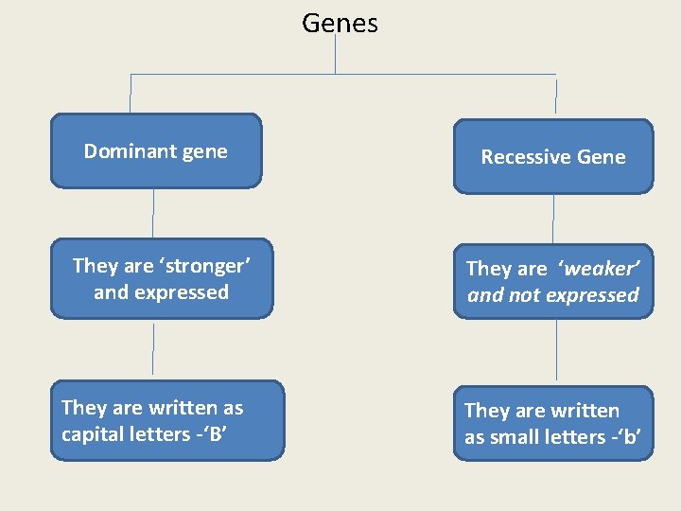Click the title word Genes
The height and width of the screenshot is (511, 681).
point(340,23)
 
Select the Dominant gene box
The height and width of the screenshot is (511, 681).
point(156,151)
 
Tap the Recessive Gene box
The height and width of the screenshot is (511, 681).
point(553,156)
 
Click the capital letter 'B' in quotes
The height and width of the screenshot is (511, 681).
point(221,434)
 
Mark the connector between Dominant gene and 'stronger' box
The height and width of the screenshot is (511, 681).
point(153,213)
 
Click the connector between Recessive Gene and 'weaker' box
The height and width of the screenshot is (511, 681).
point(553,219)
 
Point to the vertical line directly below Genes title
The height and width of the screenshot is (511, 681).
point(336,55)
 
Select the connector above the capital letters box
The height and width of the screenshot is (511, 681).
point(153,349)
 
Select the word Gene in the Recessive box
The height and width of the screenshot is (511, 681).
point(602,157)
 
